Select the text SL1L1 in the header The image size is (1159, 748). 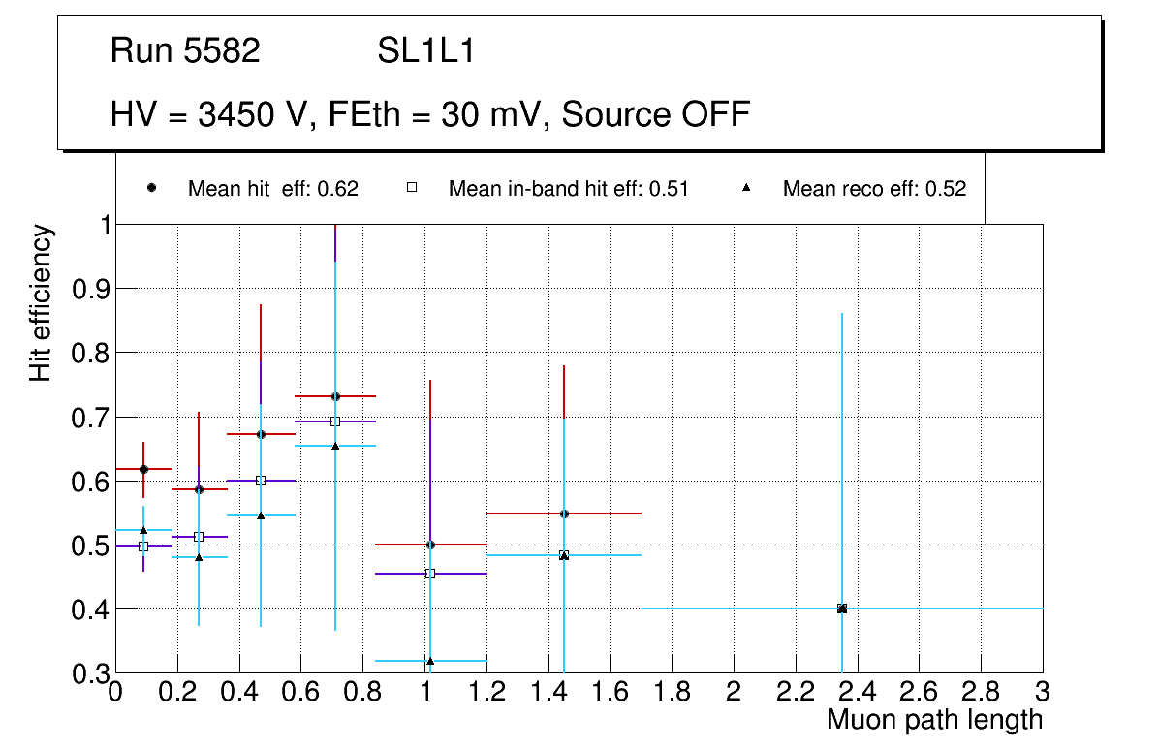tap(425, 50)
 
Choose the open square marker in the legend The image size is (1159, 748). tap(411, 188)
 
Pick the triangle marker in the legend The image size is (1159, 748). tap(746, 188)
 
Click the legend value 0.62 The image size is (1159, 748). tap(338, 189)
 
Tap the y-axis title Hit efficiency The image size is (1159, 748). tap(41, 303)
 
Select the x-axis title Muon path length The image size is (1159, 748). tap(934, 720)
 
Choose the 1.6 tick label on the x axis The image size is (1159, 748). tap(611, 692)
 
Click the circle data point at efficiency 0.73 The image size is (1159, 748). tap(335, 396)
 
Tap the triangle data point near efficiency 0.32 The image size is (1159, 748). tap(430, 661)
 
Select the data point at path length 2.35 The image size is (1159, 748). tap(842, 608)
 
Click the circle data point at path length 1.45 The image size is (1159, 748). tap(564, 514)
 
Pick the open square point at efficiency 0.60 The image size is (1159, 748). tap(260, 481)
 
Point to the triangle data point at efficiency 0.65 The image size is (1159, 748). tap(335, 446)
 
